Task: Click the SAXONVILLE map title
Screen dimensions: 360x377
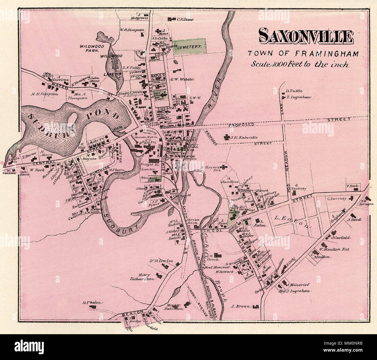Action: coord(306,37)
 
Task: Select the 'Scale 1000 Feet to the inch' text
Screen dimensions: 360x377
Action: coord(300,64)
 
